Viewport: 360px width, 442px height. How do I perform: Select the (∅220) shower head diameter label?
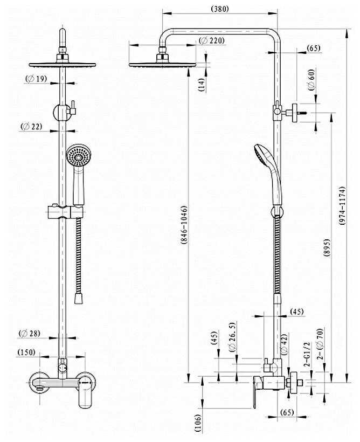(211, 40)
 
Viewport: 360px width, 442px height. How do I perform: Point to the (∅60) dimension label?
(311, 81)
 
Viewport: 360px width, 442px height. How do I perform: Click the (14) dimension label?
(200, 84)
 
